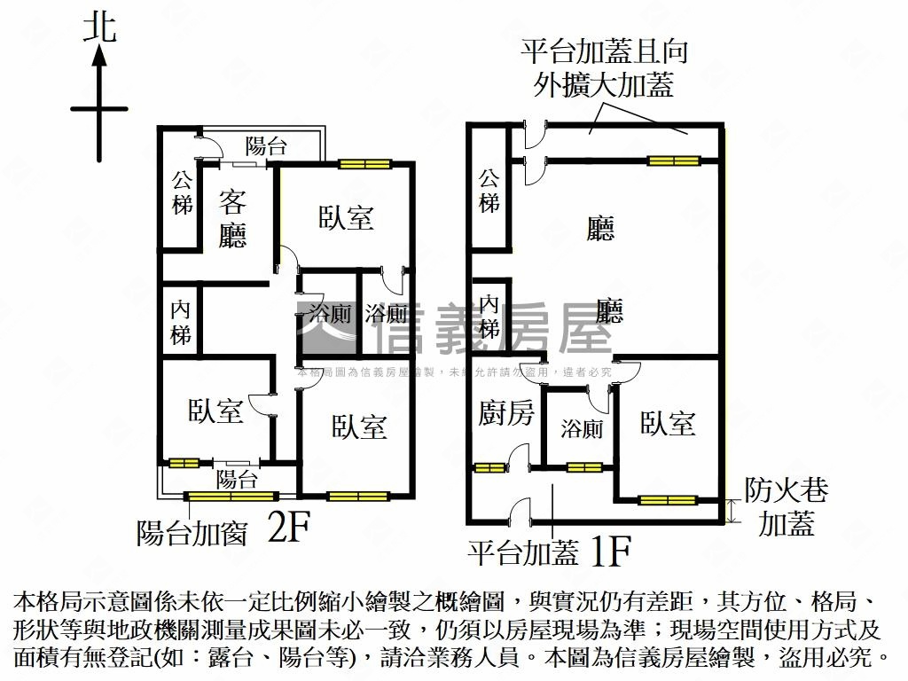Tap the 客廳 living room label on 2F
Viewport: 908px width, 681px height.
(x=232, y=220)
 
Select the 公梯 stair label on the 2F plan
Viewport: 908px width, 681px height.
(x=183, y=192)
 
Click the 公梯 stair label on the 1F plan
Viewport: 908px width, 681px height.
(x=489, y=191)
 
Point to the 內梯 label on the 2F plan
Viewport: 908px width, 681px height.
(x=181, y=323)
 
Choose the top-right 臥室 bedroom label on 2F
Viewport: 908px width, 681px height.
(x=346, y=218)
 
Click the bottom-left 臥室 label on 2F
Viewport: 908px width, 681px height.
(x=215, y=411)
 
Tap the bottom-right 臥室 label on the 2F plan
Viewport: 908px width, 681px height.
(x=359, y=427)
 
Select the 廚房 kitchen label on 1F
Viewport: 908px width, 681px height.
(x=505, y=412)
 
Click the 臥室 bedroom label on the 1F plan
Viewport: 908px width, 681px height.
(x=668, y=424)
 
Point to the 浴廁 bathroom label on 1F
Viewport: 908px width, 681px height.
(x=582, y=429)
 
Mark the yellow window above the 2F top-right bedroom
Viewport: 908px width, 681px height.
(x=364, y=163)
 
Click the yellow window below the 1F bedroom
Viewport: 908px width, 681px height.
(x=668, y=500)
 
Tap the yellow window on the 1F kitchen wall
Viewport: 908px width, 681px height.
(x=487, y=468)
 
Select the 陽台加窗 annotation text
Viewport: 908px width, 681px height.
(x=192, y=533)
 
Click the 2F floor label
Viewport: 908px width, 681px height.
(x=289, y=529)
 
